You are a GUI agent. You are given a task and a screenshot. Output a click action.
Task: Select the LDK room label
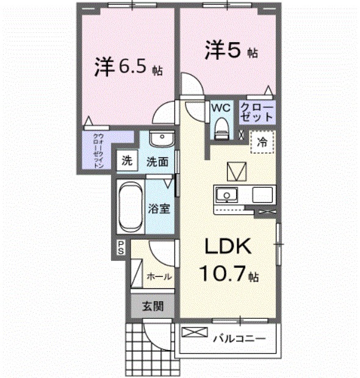pyautogui.click(x=228, y=246)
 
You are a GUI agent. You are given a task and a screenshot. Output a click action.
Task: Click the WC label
pyautogui.click(x=221, y=107)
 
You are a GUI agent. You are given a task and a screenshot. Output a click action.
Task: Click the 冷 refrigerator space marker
pyautogui.click(x=262, y=142)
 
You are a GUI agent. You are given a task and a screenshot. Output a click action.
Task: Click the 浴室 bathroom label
pyautogui.click(x=159, y=208)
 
